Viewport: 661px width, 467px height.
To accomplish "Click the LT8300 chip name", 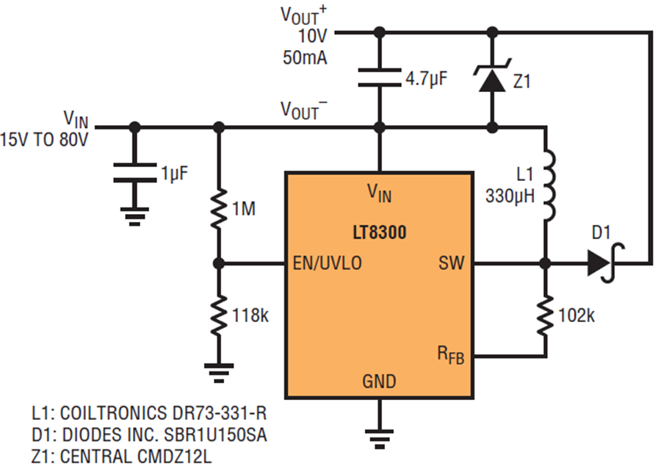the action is click(380, 232).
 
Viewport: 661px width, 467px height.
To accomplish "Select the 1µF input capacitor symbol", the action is click(134, 173).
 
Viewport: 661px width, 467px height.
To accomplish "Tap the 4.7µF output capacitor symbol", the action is click(380, 78).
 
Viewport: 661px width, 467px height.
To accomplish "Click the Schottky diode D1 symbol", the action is click(605, 263).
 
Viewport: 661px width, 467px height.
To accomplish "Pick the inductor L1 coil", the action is click(549, 185).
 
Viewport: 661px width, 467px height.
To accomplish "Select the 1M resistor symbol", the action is click(218, 209).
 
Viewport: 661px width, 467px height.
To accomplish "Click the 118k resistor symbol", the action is click(218, 315).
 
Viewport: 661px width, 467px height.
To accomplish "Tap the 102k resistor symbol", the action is click(545, 315).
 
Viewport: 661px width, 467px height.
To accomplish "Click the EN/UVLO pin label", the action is click(327, 263).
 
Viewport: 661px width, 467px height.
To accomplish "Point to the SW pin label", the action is click(451, 263).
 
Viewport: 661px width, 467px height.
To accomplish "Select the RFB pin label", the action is click(451, 354).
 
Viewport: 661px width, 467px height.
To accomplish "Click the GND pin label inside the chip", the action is click(379, 381).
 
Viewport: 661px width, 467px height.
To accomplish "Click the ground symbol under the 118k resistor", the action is click(218, 373).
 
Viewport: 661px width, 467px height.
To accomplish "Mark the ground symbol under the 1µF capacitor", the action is click(134, 217).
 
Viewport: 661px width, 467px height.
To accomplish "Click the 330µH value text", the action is click(510, 196).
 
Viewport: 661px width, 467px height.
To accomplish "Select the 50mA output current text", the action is click(305, 58).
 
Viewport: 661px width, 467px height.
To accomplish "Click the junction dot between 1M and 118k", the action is click(218, 263).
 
